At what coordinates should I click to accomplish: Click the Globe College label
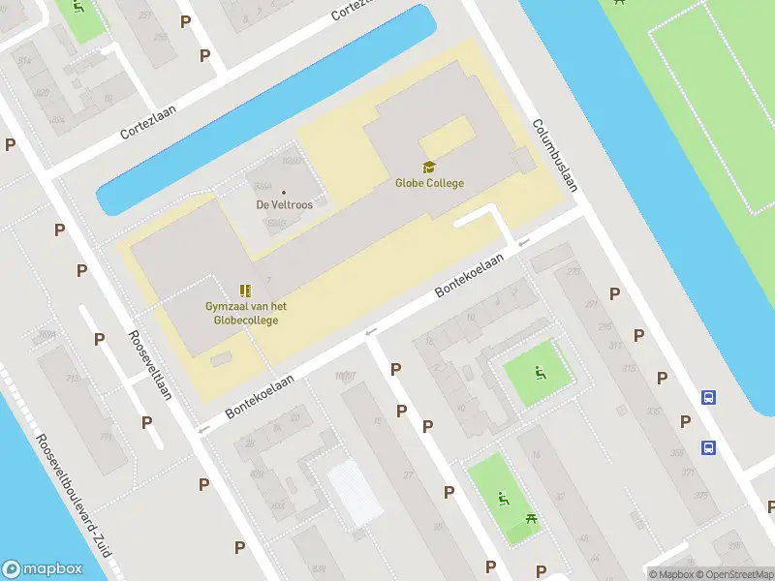point(429,183)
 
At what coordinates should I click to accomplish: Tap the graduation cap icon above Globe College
point(429,168)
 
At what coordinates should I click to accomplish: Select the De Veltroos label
point(283,204)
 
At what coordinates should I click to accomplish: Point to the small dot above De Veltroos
point(283,192)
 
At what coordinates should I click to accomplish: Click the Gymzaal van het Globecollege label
point(245,313)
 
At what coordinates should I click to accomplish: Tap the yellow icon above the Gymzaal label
point(245,290)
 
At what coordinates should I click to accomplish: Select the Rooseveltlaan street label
point(150,365)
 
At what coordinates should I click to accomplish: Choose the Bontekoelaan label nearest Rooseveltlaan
point(260,398)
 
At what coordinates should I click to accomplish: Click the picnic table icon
point(532,521)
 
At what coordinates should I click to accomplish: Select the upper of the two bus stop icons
point(709,397)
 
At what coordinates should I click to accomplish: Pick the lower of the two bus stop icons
point(709,447)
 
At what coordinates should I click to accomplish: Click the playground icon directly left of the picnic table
point(502,499)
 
